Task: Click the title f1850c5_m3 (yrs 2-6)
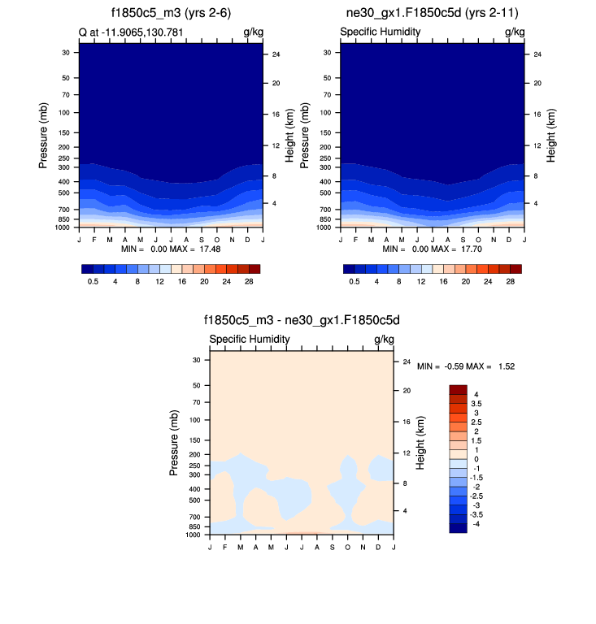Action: (x=171, y=13)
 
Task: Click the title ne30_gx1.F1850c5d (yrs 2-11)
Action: (x=432, y=13)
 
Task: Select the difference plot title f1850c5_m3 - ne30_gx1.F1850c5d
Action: (x=302, y=321)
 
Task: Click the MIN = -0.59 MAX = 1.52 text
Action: (x=466, y=366)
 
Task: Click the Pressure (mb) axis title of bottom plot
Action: (x=174, y=443)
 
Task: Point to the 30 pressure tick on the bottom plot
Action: (x=196, y=359)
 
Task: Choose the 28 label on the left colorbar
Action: (x=249, y=281)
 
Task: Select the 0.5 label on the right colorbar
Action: (x=355, y=281)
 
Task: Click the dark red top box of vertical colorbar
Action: (x=458, y=389)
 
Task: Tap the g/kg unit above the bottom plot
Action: (x=384, y=339)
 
